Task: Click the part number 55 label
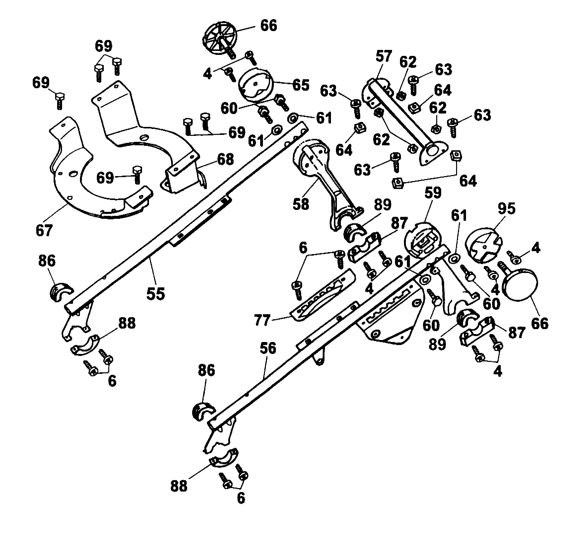click(x=156, y=294)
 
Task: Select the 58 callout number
click(x=301, y=204)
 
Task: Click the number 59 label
click(x=433, y=193)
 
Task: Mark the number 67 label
click(x=44, y=230)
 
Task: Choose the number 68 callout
click(x=226, y=159)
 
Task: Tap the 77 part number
click(x=262, y=320)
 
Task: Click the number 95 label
click(x=506, y=209)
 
